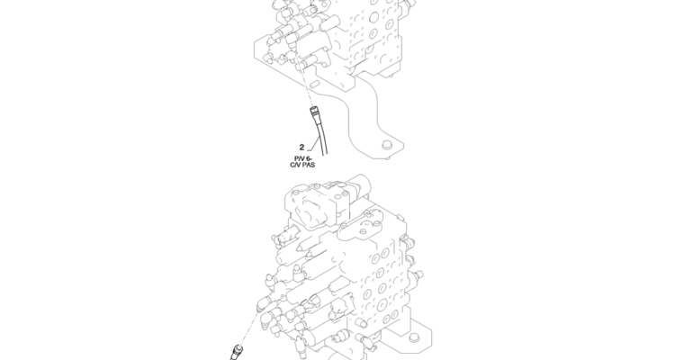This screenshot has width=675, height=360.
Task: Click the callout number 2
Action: (301, 148)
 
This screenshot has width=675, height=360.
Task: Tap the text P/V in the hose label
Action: (299, 158)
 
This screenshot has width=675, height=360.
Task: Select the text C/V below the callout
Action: (295, 165)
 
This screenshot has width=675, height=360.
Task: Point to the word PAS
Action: (309, 165)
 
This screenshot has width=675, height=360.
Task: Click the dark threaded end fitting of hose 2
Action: (314, 113)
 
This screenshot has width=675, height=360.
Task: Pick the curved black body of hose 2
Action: (321, 137)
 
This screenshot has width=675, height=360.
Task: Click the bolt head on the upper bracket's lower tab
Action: (386, 145)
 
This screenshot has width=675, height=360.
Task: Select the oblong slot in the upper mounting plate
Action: (315, 84)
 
